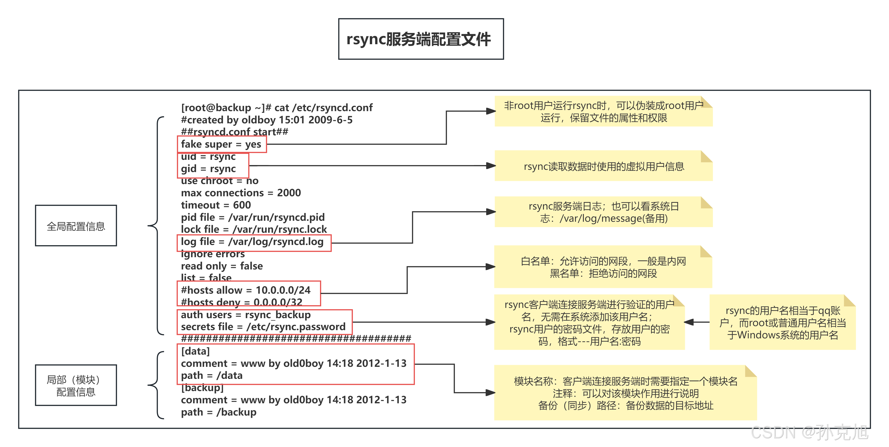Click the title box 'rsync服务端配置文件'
coord(421,39)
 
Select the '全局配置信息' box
coord(76,226)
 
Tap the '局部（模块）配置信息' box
coord(76,385)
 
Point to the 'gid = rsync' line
coord(208,169)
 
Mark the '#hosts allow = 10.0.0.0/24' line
coord(246,290)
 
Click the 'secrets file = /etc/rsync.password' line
coord(263,327)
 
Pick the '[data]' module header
coord(196,351)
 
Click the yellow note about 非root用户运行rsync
coord(603,111)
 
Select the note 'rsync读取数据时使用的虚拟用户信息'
coord(603,166)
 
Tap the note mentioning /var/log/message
coord(603,212)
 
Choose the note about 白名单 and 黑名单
coord(603,267)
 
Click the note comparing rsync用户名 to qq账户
coord(782,322)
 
